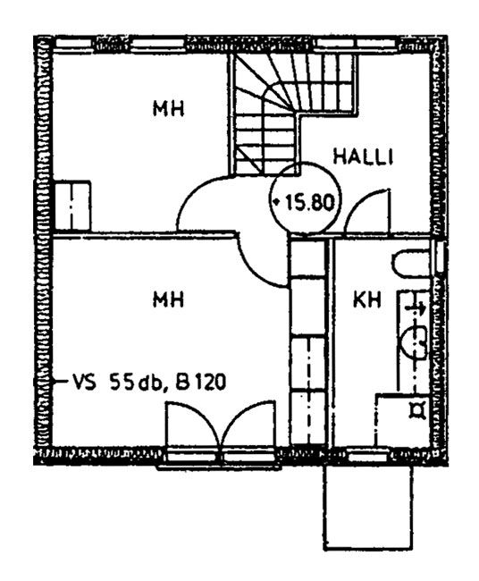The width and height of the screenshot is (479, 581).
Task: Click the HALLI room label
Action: (363, 156)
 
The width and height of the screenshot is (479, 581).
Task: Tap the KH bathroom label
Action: (366, 299)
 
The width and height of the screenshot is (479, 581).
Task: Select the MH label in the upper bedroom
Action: (169, 108)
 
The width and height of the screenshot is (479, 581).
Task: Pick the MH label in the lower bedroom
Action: (169, 299)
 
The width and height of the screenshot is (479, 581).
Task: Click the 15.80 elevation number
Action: (310, 203)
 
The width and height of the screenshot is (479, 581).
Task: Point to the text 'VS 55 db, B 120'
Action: (149, 382)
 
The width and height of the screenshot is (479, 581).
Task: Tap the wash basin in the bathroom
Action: (414, 343)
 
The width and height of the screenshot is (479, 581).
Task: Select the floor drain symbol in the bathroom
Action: (418, 410)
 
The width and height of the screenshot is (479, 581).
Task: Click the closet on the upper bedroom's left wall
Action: (72, 206)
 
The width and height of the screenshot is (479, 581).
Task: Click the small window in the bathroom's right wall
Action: (440, 257)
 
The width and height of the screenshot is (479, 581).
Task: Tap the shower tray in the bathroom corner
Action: (403, 420)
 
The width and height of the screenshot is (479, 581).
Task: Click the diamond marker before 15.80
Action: (276, 202)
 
